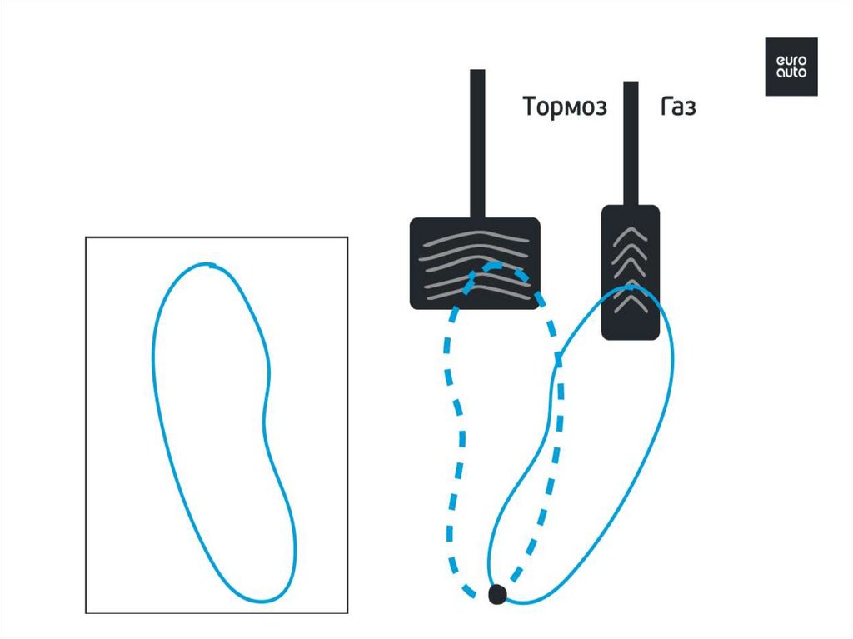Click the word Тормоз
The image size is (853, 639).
point(565,107)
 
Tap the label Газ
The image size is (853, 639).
point(678,107)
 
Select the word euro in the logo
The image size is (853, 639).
point(791,60)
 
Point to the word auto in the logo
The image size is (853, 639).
point(791,72)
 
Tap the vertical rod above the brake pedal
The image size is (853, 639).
point(477,142)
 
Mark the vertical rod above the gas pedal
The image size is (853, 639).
point(631,142)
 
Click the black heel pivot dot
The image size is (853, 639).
point(497,594)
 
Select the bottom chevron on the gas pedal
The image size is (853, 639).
point(631,299)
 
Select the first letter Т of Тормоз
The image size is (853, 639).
point(530,107)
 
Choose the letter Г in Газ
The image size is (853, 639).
point(666,107)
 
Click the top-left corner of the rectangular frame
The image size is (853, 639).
point(87,237)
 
